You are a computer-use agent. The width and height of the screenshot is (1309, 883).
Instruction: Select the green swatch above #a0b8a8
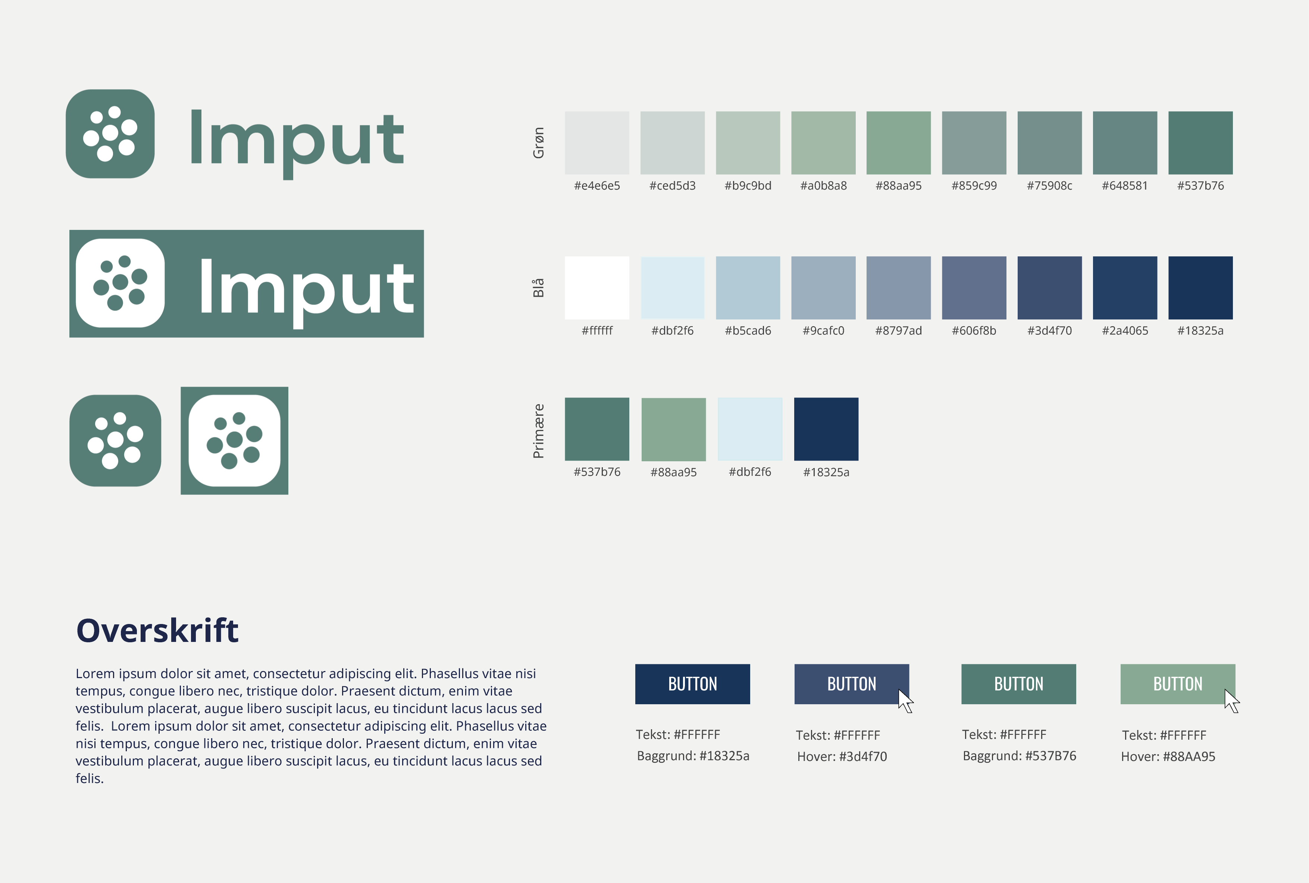point(823,143)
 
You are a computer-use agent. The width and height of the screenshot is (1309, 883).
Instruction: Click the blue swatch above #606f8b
point(974,288)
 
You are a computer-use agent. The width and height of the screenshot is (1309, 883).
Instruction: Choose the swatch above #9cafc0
point(823,288)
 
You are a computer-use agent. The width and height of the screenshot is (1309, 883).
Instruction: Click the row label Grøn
point(539,143)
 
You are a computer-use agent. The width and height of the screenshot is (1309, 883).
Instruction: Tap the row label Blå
point(539,288)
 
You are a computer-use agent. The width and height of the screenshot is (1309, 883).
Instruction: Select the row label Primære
point(539,431)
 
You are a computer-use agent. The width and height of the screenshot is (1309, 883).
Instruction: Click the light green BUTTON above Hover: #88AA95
point(1177,684)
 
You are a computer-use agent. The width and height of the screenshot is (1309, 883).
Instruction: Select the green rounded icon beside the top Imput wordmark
point(110,134)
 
